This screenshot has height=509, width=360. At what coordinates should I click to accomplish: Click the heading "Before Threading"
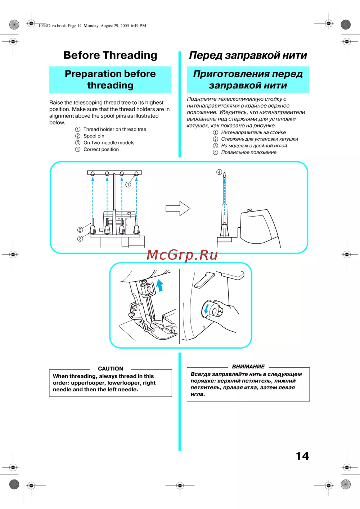pos(110,55)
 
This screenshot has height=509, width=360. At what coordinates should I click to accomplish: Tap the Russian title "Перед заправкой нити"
pos(248,55)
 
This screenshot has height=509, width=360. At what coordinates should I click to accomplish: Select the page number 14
pos(302,456)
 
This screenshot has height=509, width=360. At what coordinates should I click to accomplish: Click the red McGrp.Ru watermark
pos(182,255)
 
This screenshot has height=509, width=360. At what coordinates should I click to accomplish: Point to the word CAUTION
pos(111,369)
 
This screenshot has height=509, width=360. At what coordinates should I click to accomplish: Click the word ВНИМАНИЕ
pos(248,367)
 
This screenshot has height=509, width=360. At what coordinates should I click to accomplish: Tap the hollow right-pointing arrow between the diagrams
pos(178,208)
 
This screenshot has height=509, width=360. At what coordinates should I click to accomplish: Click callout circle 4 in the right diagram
pos(219,172)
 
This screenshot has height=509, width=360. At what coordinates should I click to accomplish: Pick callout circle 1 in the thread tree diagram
pos(128,185)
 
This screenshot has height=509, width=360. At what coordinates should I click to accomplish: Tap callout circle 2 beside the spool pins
pos(80,230)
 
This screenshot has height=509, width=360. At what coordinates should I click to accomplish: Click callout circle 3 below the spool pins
pos(80,238)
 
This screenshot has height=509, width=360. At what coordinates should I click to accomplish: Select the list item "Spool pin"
pos(94,136)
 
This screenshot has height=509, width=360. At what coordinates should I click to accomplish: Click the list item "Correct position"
pos(101,149)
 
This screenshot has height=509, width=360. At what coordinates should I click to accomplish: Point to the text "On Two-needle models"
pos(109,143)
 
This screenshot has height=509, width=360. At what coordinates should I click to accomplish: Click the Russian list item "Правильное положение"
pos(249,153)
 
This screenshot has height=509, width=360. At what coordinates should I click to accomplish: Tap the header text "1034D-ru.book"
pos(52,26)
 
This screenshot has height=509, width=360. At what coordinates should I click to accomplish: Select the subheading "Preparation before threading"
pos(110,79)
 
